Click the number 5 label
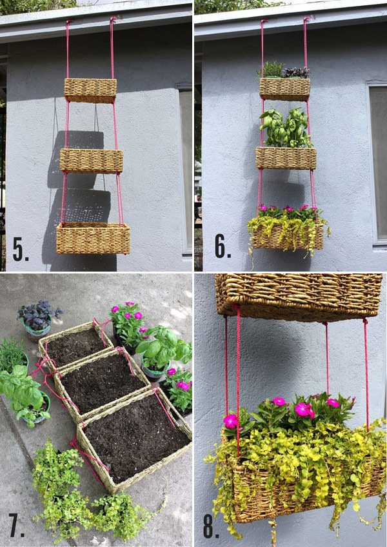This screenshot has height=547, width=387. point(21,249)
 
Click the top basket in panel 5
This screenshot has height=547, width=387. point(90,90)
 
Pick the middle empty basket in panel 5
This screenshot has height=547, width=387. point(91,161)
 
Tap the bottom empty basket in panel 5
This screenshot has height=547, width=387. point(93,238)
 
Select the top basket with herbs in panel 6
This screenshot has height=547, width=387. point(284,89)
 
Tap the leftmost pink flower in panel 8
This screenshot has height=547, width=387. point(230,421)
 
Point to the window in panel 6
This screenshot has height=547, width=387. point(377,163)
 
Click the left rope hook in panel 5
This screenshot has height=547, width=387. point(69,23)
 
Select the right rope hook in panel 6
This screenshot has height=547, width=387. point(307,19)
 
